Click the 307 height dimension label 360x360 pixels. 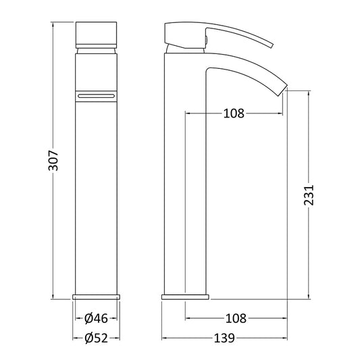(53, 161)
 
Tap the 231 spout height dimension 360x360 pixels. (309, 195)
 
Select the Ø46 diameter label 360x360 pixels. (96, 318)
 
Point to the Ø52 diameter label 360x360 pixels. (96, 338)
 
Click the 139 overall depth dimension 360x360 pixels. (224, 338)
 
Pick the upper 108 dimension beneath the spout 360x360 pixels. (234, 113)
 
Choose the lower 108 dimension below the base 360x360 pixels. (236, 318)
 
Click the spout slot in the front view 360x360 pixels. (96, 96)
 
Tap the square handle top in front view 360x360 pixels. (96, 35)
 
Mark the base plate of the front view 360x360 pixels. (96, 297)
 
